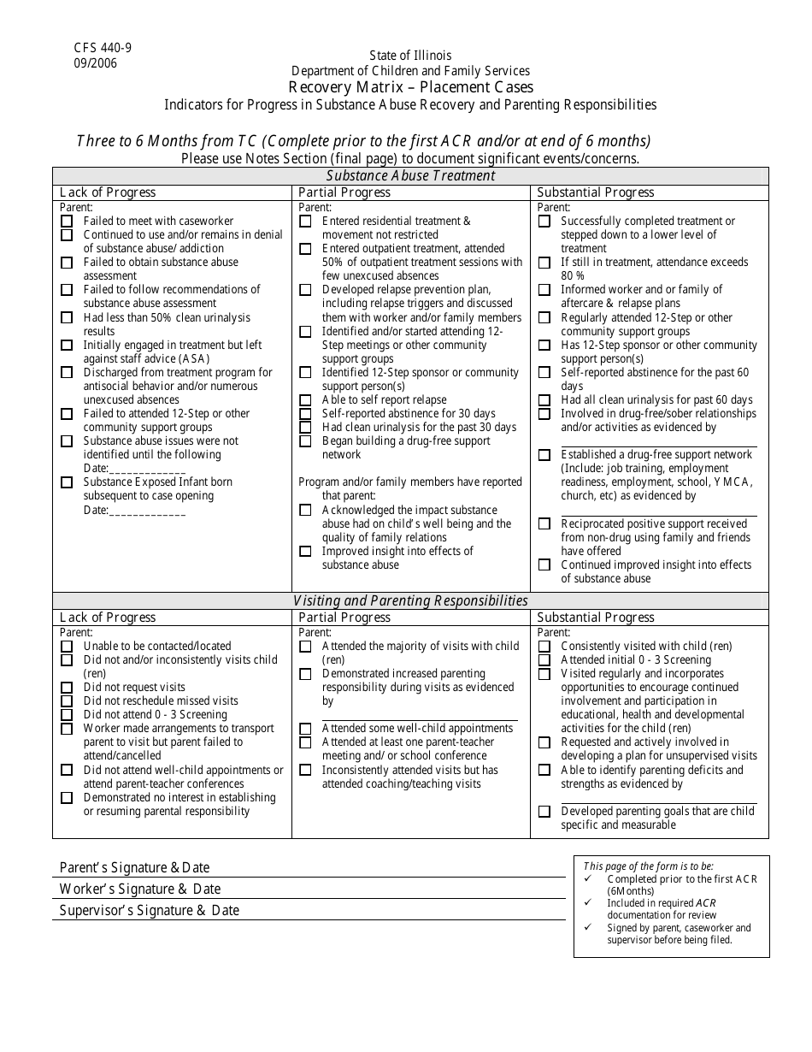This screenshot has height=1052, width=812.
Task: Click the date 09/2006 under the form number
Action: point(96,62)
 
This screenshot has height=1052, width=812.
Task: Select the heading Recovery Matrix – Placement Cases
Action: point(410,87)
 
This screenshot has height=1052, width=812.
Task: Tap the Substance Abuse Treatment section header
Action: point(410,175)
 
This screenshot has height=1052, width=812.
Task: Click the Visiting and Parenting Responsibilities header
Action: point(410,600)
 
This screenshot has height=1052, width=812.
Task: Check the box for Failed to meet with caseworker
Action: point(67,221)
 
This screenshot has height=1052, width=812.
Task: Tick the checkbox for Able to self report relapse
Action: point(305,400)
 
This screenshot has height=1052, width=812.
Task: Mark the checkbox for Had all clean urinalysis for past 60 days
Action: point(544,400)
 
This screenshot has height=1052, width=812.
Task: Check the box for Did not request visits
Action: point(67,688)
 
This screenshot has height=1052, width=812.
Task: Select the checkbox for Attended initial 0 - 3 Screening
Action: point(544,660)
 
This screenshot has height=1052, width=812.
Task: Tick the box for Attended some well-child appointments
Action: point(305,729)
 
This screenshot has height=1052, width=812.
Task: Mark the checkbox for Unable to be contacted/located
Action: point(67,647)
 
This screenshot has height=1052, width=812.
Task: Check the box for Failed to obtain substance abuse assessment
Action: point(67,263)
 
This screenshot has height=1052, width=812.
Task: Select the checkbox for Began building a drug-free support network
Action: point(305,441)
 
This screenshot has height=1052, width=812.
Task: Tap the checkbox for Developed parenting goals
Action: point(544,812)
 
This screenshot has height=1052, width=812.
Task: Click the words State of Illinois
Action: point(410,56)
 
